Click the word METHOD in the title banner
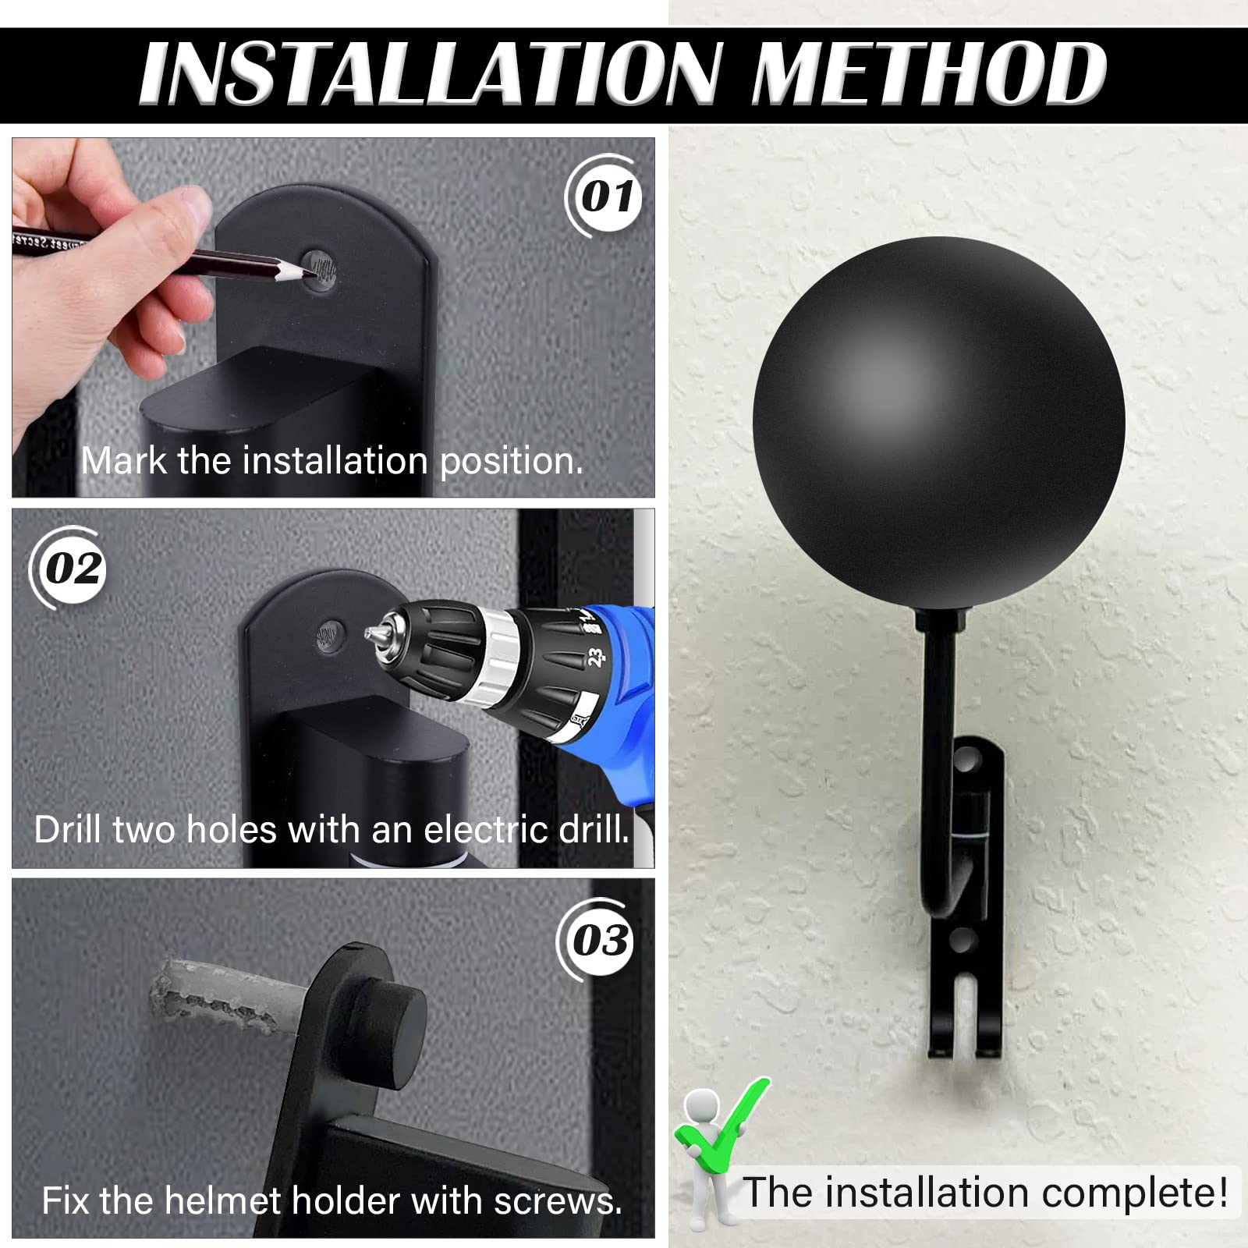(x=928, y=74)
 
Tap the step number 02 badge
(x=73, y=568)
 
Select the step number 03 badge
(x=599, y=940)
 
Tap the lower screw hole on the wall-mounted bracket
(x=963, y=938)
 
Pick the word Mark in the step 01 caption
(x=124, y=461)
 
